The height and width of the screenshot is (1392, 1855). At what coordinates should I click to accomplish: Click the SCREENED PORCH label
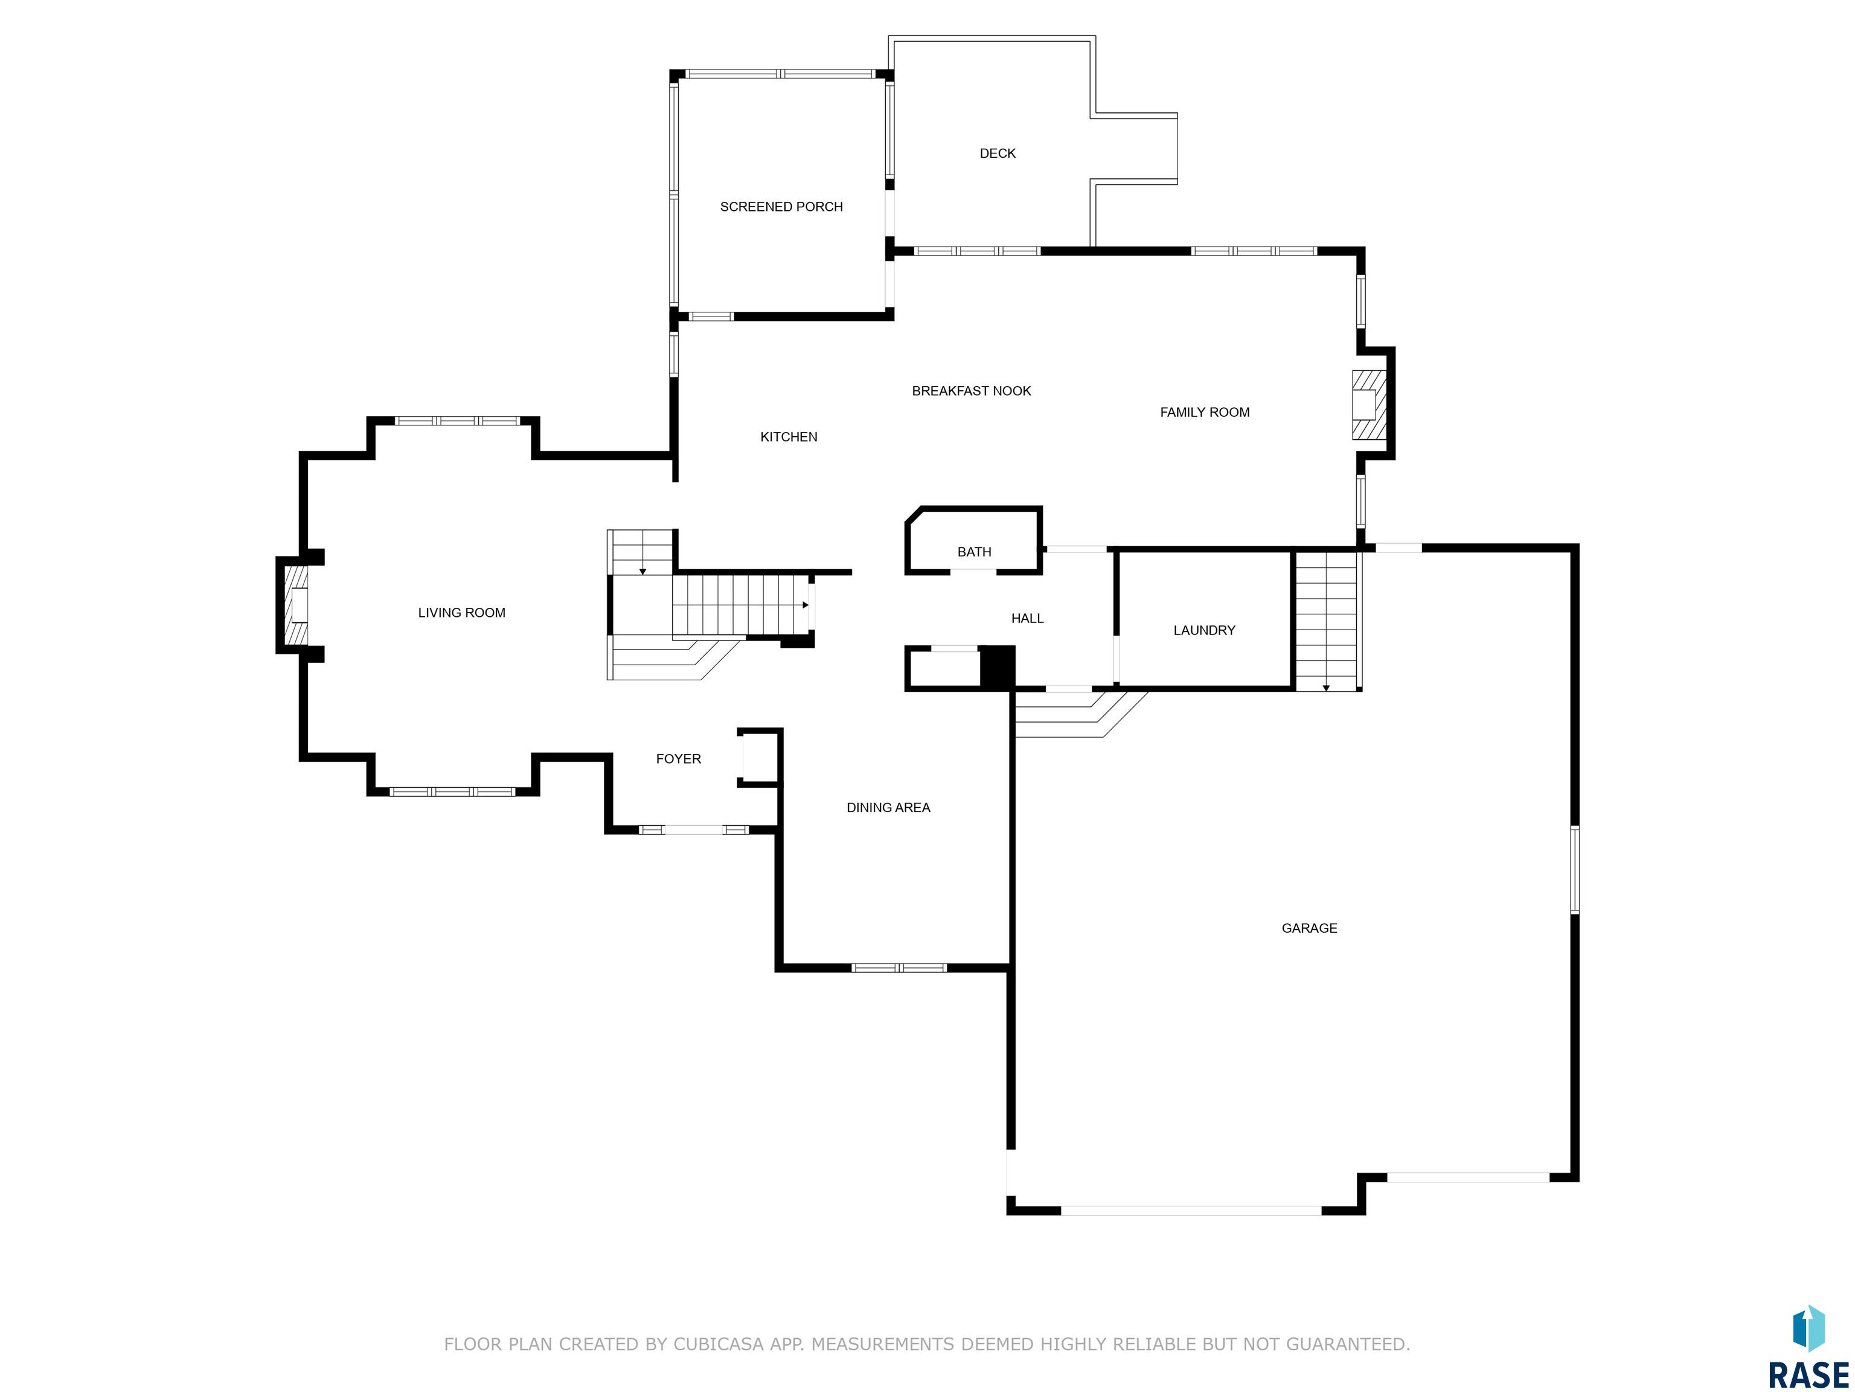pyautogui.click(x=781, y=207)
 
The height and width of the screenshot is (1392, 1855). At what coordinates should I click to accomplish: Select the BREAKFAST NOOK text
pyautogui.click(x=971, y=390)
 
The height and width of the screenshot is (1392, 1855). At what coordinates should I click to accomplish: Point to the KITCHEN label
pyautogui.click(x=788, y=436)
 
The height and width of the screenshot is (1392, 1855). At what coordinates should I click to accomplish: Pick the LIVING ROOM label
pyautogui.click(x=461, y=613)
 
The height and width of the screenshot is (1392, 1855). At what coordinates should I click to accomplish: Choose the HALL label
pyautogui.click(x=1027, y=619)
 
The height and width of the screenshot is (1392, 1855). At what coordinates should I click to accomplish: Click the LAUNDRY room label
pyautogui.click(x=1203, y=630)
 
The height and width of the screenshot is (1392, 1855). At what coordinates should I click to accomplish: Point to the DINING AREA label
pyautogui.click(x=888, y=807)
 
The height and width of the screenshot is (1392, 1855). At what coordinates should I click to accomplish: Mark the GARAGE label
pyautogui.click(x=1309, y=928)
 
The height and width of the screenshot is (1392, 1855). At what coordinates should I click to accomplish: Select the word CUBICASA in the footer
pyautogui.click(x=718, y=1344)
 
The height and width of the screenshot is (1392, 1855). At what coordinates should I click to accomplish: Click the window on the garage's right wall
pyautogui.click(x=1574, y=870)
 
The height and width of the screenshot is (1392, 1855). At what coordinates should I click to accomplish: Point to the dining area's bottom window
pyautogui.click(x=899, y=967)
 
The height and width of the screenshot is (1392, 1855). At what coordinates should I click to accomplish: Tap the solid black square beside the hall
pyautogui.click(x=997, y=667)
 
